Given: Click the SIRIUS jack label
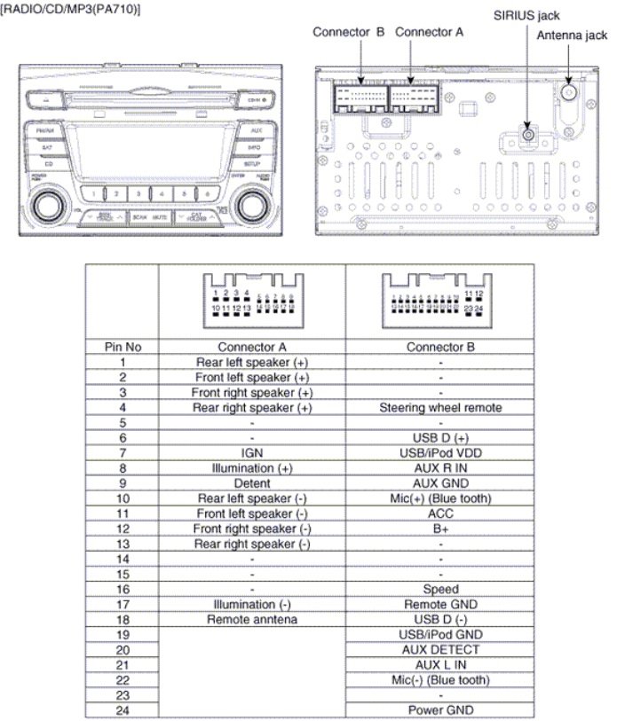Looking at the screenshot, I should point(527,16).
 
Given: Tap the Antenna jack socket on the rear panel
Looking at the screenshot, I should point(569,90).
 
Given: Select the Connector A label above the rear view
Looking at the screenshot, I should point(429,32).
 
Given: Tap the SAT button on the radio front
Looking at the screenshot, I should point(48,147).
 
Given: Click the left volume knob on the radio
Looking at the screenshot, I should point(44,205).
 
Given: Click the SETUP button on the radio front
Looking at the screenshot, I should point(253,164).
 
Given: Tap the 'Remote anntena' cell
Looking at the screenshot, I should point(251,619).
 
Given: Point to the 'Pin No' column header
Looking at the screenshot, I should point(122,347).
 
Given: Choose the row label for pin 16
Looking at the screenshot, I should point(122,589).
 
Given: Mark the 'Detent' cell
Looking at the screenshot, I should point(251,483).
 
